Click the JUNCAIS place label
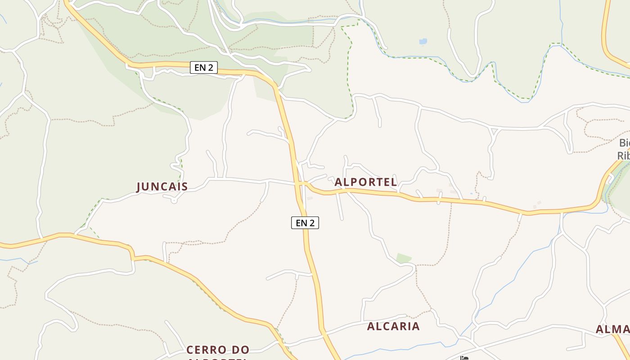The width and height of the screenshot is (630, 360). (162, 186)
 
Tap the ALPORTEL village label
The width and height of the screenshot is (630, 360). (366, 182)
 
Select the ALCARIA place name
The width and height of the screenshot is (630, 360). (393, 326)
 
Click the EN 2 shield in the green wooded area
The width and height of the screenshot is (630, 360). (204, 68)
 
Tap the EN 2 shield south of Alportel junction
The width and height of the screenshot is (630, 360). (305, 222)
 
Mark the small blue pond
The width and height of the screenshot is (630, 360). (423, 41)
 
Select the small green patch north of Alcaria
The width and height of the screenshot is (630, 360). (403, 258)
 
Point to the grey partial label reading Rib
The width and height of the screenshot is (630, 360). (624, 156)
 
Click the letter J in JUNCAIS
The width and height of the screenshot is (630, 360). (139, 187)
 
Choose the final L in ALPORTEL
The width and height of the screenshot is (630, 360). (394, 182)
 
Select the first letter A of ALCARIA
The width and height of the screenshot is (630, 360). (371, 326)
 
